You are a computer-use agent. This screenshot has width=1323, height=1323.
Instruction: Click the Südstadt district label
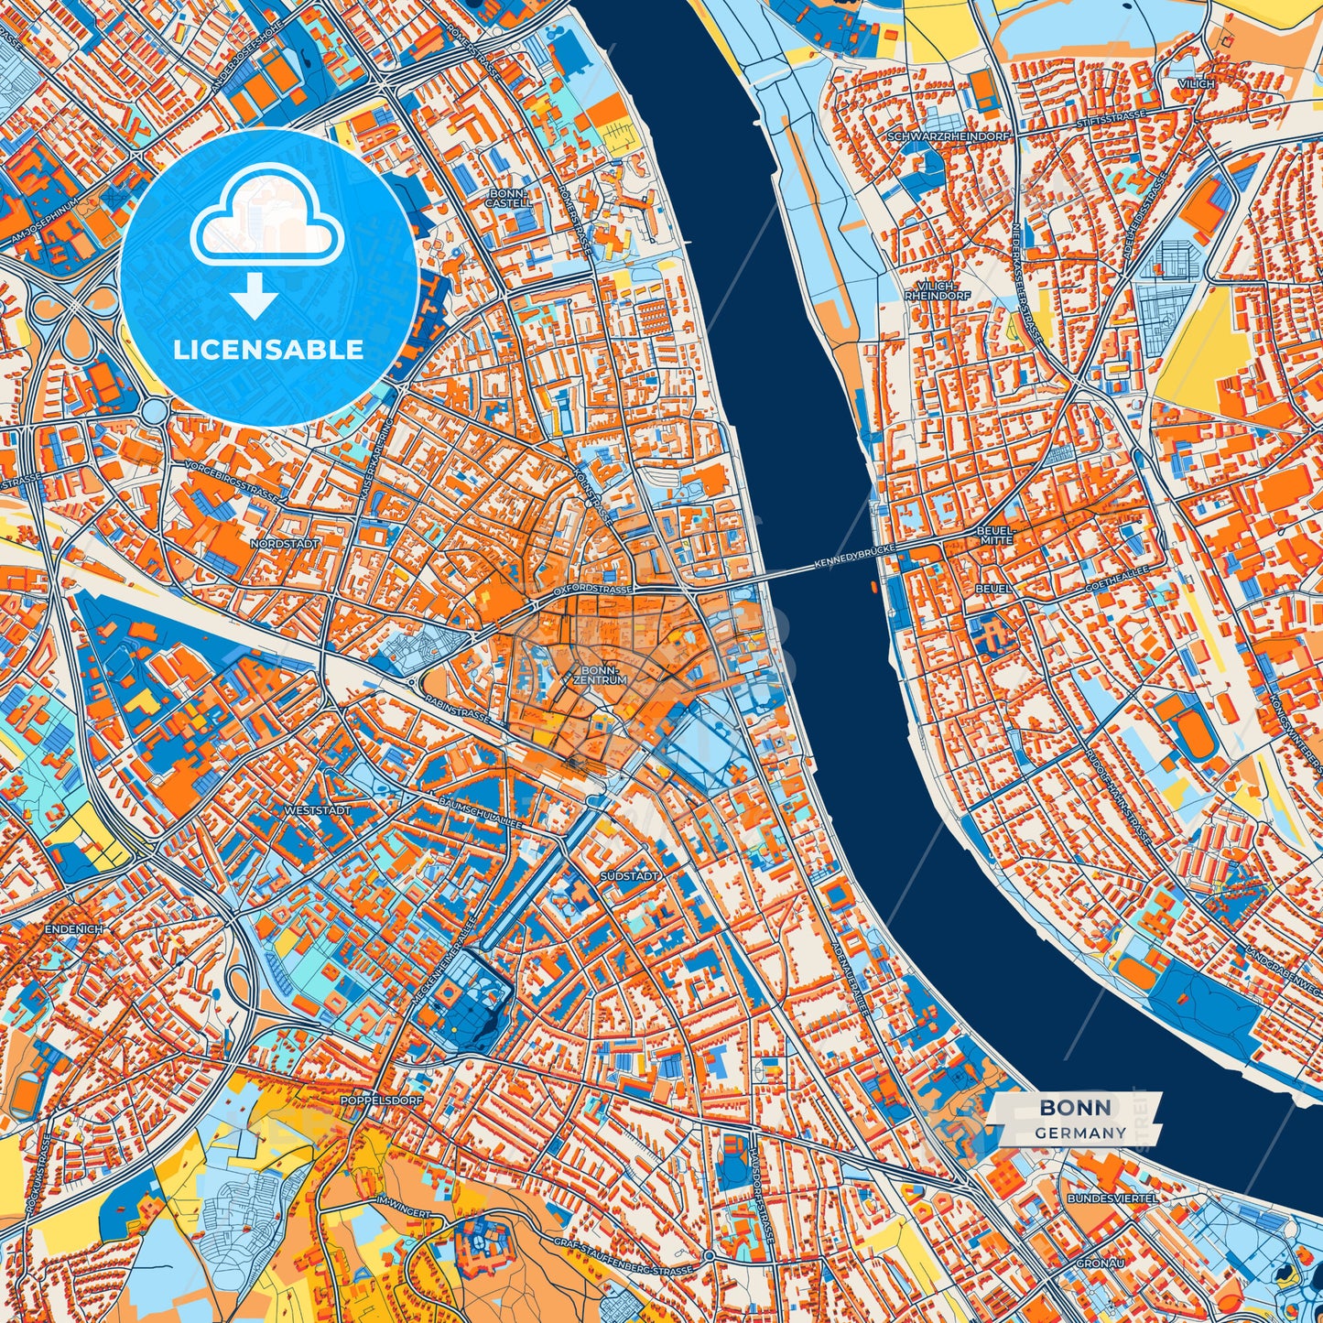pyautogui.click(x=630, y=876)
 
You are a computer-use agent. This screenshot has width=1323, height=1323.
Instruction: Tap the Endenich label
pyautogui.click(x=73, y=928)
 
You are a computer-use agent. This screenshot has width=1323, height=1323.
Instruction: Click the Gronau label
pyautogui.click(x=1101, y=1262)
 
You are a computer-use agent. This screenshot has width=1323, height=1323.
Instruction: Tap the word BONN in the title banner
pyautogui.click(x=1076, y=1107)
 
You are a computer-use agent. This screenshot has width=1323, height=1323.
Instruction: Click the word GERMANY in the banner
pyautogui.click(x=1080, y=1133)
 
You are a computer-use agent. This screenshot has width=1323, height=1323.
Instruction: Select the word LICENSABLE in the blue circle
pyautogui.click(x=269, y=349)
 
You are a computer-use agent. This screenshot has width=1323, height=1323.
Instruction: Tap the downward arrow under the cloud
pyautogui.click(x=255, y=298)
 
